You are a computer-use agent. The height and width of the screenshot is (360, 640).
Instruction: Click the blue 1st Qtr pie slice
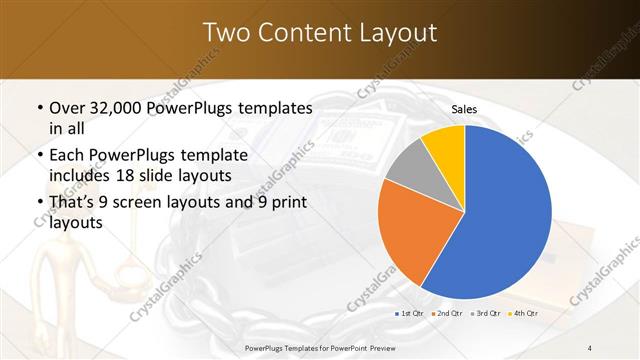(x=505, y=215)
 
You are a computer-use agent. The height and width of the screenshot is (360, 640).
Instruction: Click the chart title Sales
(x=464, y=109)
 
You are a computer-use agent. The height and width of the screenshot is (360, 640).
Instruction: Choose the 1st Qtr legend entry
(x=411, y=313)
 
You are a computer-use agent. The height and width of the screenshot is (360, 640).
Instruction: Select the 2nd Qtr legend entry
(x=446, y=313)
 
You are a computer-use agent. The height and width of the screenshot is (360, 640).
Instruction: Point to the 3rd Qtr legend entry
(x=483, y=313)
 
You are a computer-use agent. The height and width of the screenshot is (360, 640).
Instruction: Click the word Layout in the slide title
(x=397, y=33)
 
